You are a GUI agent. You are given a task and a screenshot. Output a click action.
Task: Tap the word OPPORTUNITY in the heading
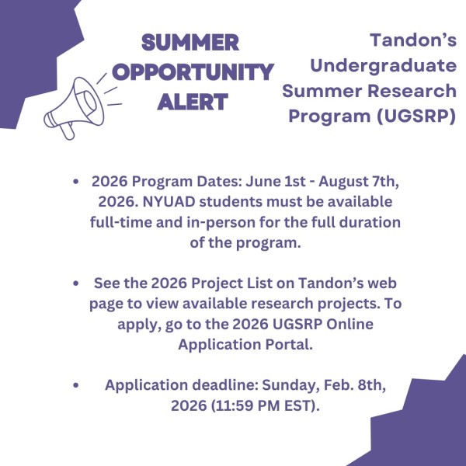tap(193, 71)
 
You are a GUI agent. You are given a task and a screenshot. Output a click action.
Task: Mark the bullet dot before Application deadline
tap(75, 385)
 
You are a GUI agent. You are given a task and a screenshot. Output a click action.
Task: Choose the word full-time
tap(124, 222)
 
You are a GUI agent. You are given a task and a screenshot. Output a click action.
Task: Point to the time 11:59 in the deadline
tap(239, 405)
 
